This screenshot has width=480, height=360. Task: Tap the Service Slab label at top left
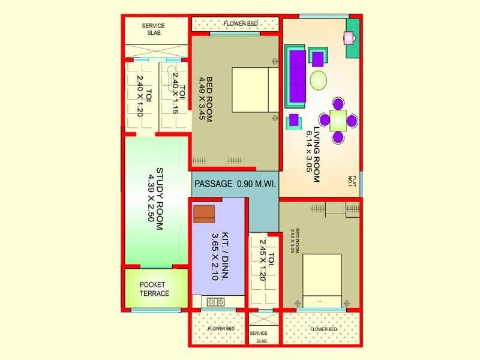(153, 29)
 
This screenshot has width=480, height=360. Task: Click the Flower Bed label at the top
(240, 24)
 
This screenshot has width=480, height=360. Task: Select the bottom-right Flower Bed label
(323, 329)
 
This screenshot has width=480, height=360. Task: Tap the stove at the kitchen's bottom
(215, 302)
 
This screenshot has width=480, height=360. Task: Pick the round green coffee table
(319, 79)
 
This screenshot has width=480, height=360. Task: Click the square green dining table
(338, 120)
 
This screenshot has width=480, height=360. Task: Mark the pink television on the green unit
(349, 38)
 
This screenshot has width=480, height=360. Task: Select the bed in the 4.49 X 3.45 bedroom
(254, 90)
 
